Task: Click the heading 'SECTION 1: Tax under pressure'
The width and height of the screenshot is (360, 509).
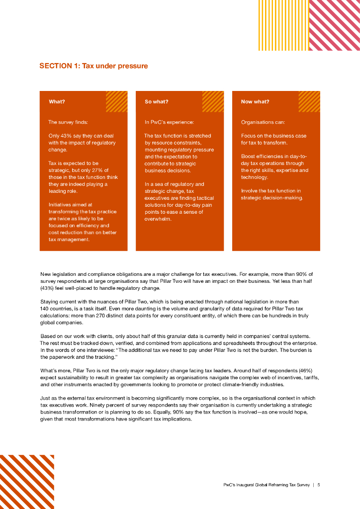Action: (93, 66)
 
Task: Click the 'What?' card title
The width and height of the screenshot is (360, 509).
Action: (57, 102)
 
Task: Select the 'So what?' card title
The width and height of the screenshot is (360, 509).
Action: (156, 102)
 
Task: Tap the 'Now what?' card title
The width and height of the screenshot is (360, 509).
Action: (255, 102)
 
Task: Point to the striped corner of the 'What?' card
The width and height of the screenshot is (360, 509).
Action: (117, 101)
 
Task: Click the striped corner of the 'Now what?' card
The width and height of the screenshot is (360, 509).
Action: (309, 101)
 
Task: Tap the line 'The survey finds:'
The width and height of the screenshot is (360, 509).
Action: (68, 122)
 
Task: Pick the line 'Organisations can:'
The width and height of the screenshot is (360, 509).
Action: (263, 122)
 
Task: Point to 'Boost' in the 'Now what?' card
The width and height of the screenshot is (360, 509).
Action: (249, 157)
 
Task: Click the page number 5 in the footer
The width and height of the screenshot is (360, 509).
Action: (319, 486)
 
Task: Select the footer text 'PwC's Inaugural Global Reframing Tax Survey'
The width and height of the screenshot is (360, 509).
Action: (266, 486)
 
